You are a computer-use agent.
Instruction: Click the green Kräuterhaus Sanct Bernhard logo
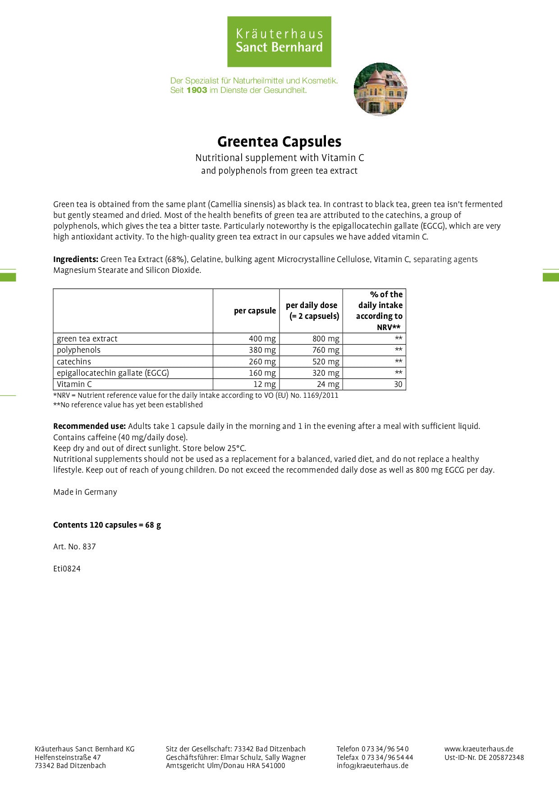pyautogui.click(x=279, y=41)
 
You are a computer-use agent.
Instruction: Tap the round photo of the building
pyautogui.click(x=380, y=89)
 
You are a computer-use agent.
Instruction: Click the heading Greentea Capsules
pyautogui.click(x=279, y=142)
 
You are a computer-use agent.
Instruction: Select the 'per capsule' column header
pyautogui.click(x=255, y=311)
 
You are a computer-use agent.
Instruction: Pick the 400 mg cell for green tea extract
pyautogui.click(x=262, y=339)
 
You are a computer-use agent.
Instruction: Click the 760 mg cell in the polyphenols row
pyautogui.click(x=325, y=350)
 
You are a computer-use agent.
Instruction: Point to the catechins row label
pyautogui.click(x=74, y=362)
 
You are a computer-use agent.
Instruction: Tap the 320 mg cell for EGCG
pyautogui.click(x=325, y=373)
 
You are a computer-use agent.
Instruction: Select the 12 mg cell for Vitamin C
pyautogui.click(x=264, y=384)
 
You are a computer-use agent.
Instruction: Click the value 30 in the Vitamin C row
pyautogui.click(x=398, y=384)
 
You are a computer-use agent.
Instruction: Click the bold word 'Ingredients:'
pyautogui.click(x=76, y=259)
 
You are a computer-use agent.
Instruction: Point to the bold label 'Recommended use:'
pyautogui.click(x=89, y=426)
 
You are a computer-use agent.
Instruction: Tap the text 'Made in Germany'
pyautogui.click(x=85, y=492)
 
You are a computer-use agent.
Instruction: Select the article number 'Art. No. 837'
pyautogui.click(x=74, y=547)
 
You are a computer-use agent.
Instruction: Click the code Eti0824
pyautogui.click(x=67, y=569)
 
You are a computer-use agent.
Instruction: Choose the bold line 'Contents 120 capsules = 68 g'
pyautogui.click(x=107, y=525)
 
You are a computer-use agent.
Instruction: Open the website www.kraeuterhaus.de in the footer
pyautogui.click(x=479, y=749)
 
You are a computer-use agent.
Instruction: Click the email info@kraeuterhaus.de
pyautogui.click(x=372, y=765)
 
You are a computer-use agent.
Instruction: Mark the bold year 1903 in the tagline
pyautogui.click(x=197, y=90)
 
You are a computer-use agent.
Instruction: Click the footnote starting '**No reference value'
pyautogui.click(x=128, y=405)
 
